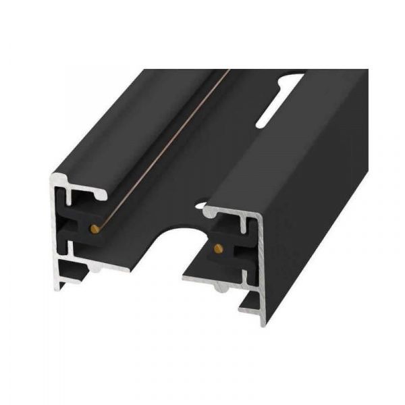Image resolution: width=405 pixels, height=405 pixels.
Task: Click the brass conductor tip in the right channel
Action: (x=217, y=248)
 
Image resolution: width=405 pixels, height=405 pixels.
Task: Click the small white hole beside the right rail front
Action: (x=201, y=200)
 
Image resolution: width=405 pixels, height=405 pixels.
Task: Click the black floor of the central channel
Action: (x=155, y=196)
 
